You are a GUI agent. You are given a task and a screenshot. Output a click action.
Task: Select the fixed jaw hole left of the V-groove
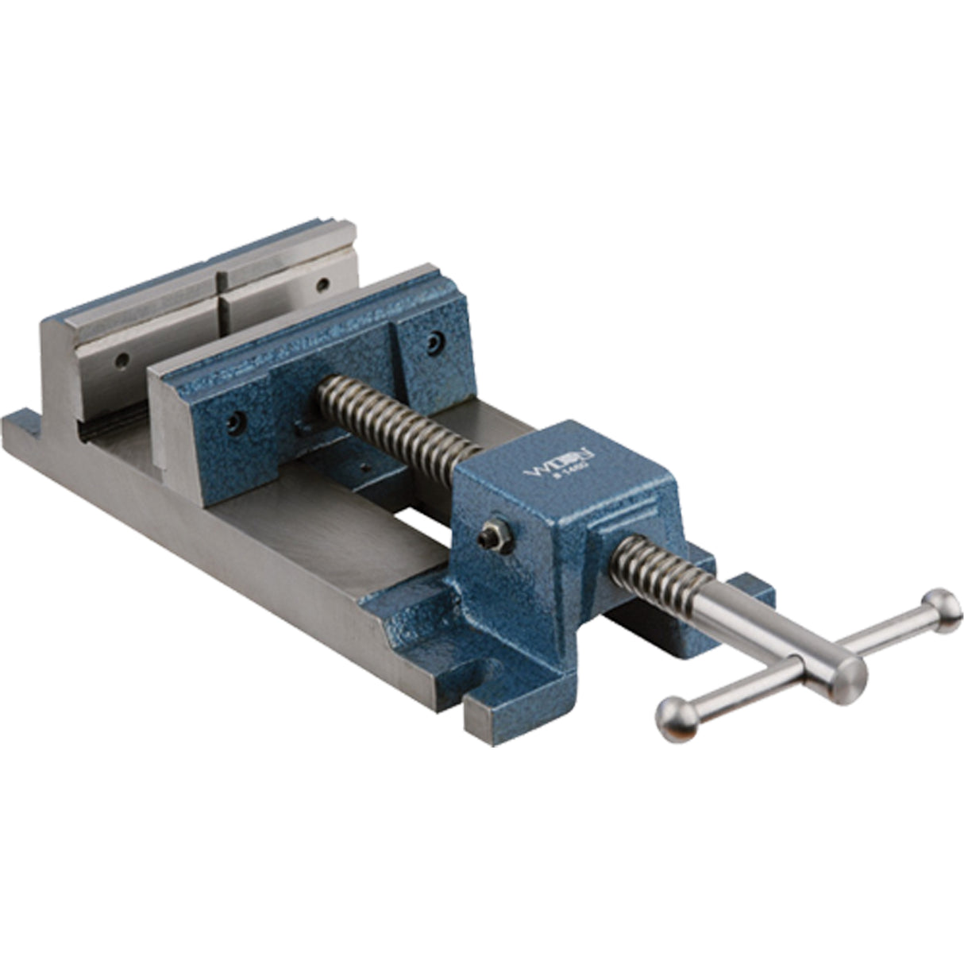[x=121, y=361]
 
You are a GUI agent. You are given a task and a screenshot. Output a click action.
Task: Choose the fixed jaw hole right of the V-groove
[x=322, y=283]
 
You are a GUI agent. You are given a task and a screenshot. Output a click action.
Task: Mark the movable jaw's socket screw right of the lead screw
[x=432, y=341]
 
